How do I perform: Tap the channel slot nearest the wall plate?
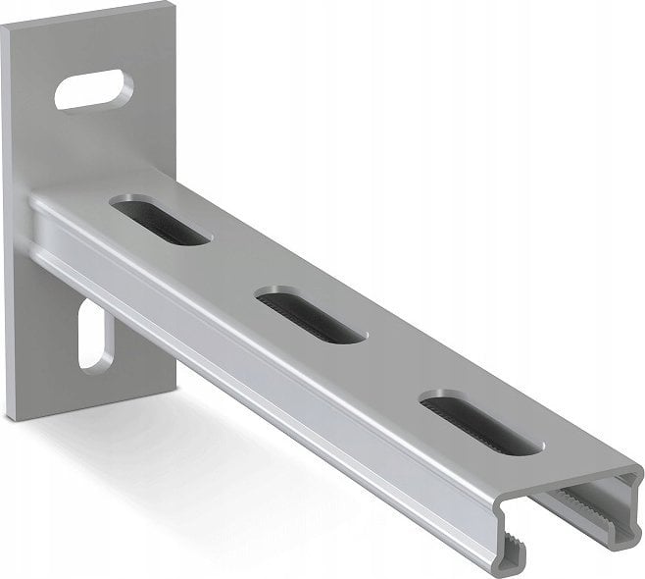pos(160,220)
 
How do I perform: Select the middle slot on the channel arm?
pos(311,315)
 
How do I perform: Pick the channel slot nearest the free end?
pos(480,422)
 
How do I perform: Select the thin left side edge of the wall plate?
pos(9,226)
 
